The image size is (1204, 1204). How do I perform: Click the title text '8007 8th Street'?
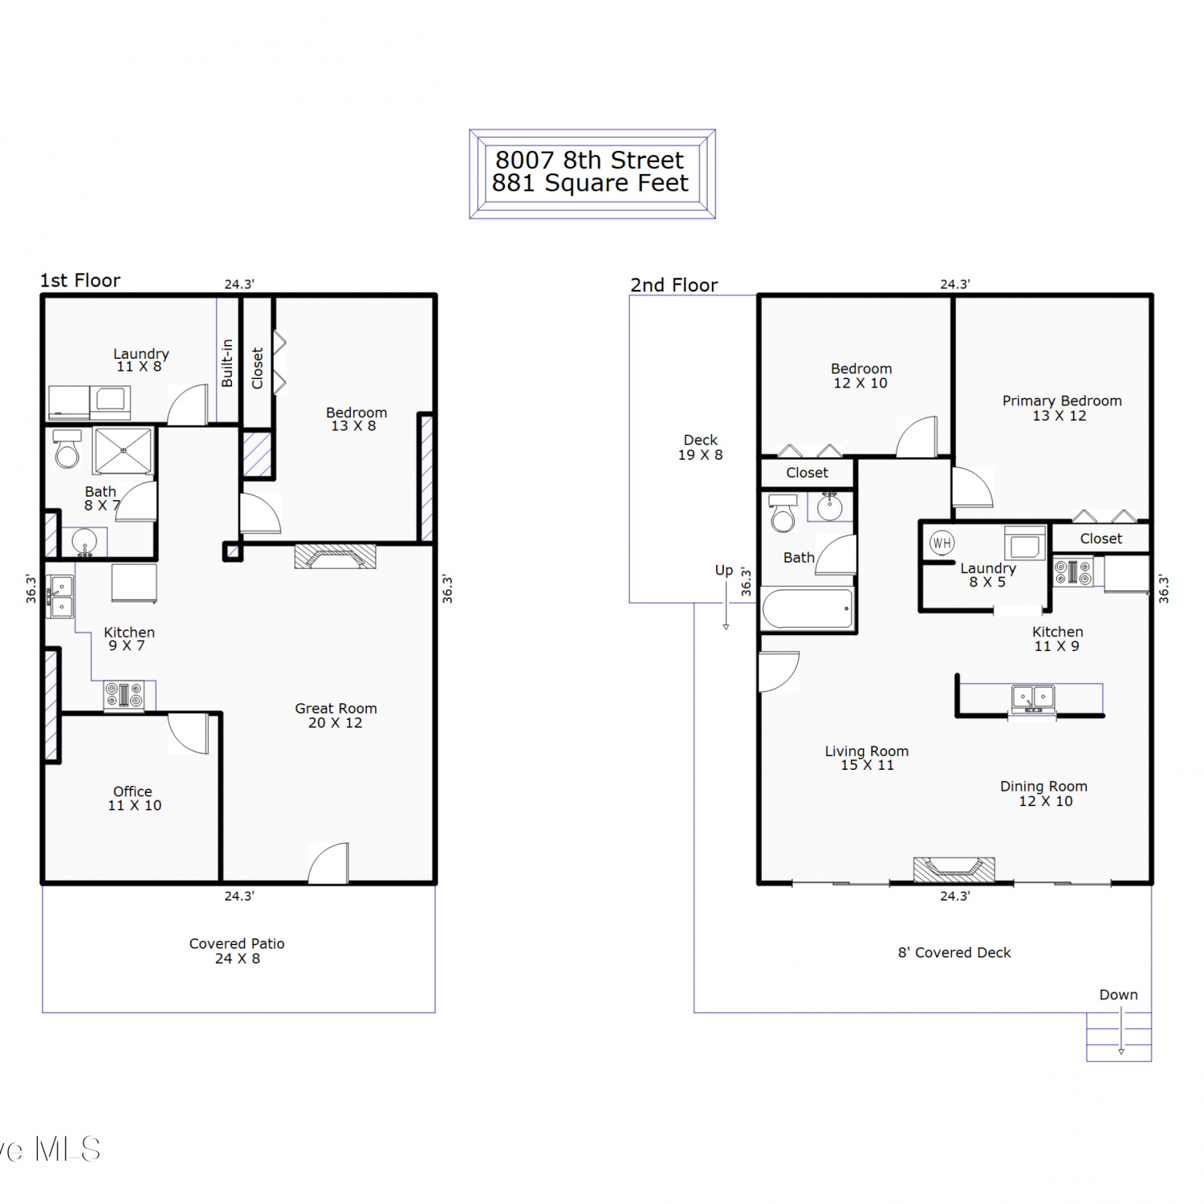point(589,160)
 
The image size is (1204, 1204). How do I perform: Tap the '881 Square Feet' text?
point(590,184)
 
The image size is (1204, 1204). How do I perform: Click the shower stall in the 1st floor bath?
point(123,450)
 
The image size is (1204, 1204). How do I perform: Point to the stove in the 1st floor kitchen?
point(124,694)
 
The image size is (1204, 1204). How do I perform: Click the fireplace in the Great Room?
point(335,556)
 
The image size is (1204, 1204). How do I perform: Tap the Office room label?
point(134,798)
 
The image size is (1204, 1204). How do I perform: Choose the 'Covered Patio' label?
point(237,944)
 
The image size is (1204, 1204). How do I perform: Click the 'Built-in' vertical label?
point(227,363)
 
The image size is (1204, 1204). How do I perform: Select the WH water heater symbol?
point(942,543)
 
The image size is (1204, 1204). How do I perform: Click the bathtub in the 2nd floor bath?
point(807,609)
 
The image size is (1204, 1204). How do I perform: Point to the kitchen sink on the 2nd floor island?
point(1033,698)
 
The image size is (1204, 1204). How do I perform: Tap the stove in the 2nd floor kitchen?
point(1074,572)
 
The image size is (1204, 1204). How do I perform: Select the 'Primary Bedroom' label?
point(1062,401)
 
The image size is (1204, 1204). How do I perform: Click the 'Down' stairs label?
point(1118,995)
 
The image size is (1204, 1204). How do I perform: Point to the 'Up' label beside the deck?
point(724,571)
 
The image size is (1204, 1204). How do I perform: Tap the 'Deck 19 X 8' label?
point(701,447)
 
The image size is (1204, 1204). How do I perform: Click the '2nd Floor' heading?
point(674,285)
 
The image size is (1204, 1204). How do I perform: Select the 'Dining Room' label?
point(1043,787)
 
